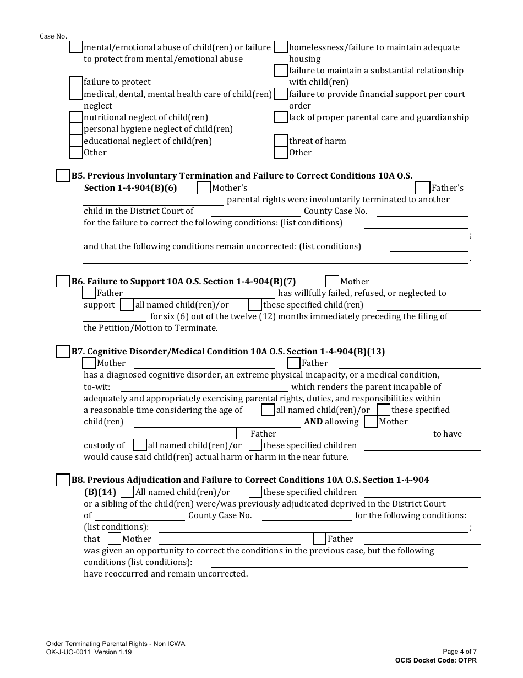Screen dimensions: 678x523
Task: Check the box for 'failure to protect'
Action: pyautogui.click(x=76, y=82)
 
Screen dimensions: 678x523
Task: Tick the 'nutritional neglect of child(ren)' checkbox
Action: pyautogui.click(x=76, y=117)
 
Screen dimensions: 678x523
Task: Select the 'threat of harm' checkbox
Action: pyautogui.click(x=281, y=141)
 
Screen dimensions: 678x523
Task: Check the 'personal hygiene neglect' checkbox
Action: pyautogui.click(x=76, y=129)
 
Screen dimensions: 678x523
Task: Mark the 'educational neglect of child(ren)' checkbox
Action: pyautogui.click(x=76, y=141)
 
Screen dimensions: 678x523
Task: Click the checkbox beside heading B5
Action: pyautogui.click(x=63, y=176)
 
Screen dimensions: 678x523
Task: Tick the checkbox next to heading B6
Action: pyautogui.click(x=63, y=281)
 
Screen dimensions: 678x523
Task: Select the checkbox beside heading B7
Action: pyautogui.click(x=63, y=351)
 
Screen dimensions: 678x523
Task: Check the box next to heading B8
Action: pyautogui.click(x=63, y=480)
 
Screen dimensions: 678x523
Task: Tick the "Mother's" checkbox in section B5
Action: pyautogui.click(x=204, y=188)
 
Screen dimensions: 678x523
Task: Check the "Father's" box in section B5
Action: pyautogui.click(x=422, y=188)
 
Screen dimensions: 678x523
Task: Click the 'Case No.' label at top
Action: pyautogui.click(x=53, y=36)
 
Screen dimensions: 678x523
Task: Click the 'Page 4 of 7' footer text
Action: pyautogui.click(x=459, y=652)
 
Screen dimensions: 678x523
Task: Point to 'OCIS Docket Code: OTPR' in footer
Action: pyautogui.click(x=435, y=660)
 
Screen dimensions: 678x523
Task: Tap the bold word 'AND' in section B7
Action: pyautogui.click(x=313, y=422)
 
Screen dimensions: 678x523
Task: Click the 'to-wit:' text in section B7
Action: pyautogui.click(x=97, y=387)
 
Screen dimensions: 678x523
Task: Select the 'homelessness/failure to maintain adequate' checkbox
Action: pyautogui.click(x=281, y=47)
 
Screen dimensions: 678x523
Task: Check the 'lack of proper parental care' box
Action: pyautogui.click(x=281, y=117)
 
